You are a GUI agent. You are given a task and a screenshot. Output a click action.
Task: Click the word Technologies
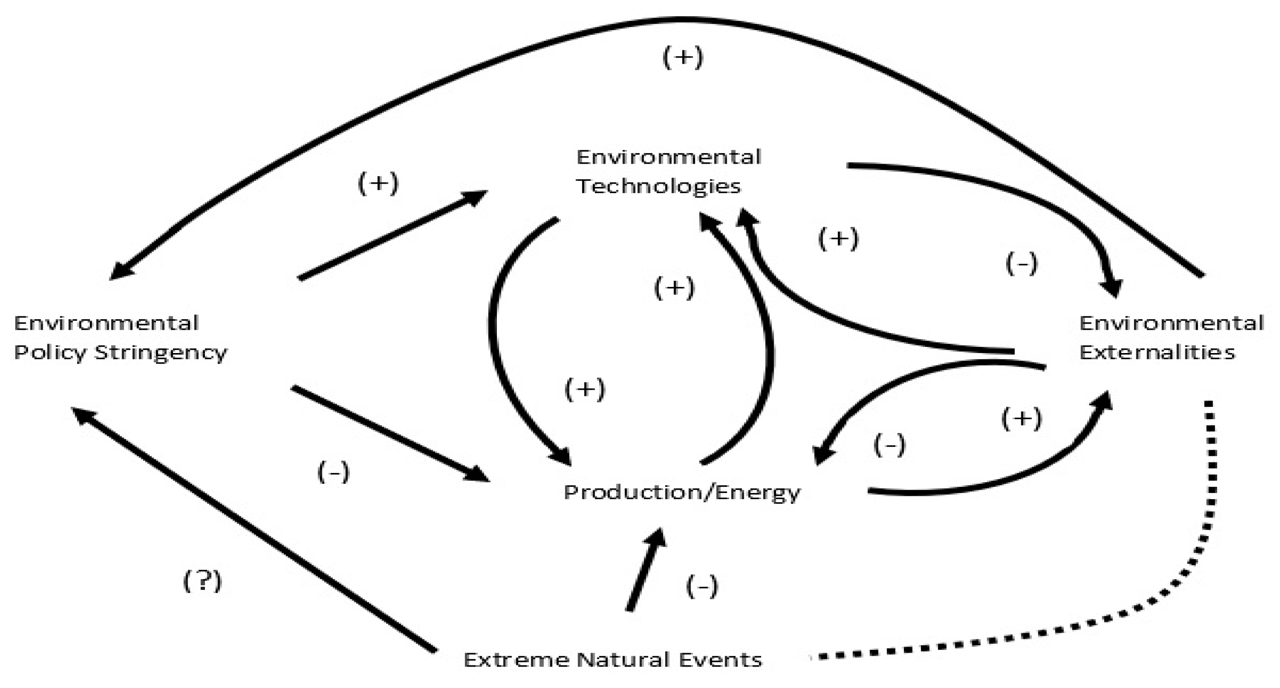659,187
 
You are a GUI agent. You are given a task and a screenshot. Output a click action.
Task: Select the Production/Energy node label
682,492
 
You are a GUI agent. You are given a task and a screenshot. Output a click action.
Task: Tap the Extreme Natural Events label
612,660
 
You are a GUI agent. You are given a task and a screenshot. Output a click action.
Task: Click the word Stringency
161,353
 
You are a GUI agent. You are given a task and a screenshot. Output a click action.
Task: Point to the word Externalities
1157,353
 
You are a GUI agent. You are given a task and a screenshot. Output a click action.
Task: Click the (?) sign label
202,580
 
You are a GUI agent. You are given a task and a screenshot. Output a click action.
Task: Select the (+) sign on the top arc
683,57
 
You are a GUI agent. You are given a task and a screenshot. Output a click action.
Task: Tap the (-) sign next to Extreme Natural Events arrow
702,587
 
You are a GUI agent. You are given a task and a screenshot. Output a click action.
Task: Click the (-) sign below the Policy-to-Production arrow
333,472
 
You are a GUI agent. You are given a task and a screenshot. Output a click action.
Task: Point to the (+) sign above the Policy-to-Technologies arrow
378,184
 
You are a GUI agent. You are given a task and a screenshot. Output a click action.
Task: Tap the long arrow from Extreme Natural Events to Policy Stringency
253,530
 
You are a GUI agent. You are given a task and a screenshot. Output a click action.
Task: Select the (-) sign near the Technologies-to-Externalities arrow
1022,264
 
